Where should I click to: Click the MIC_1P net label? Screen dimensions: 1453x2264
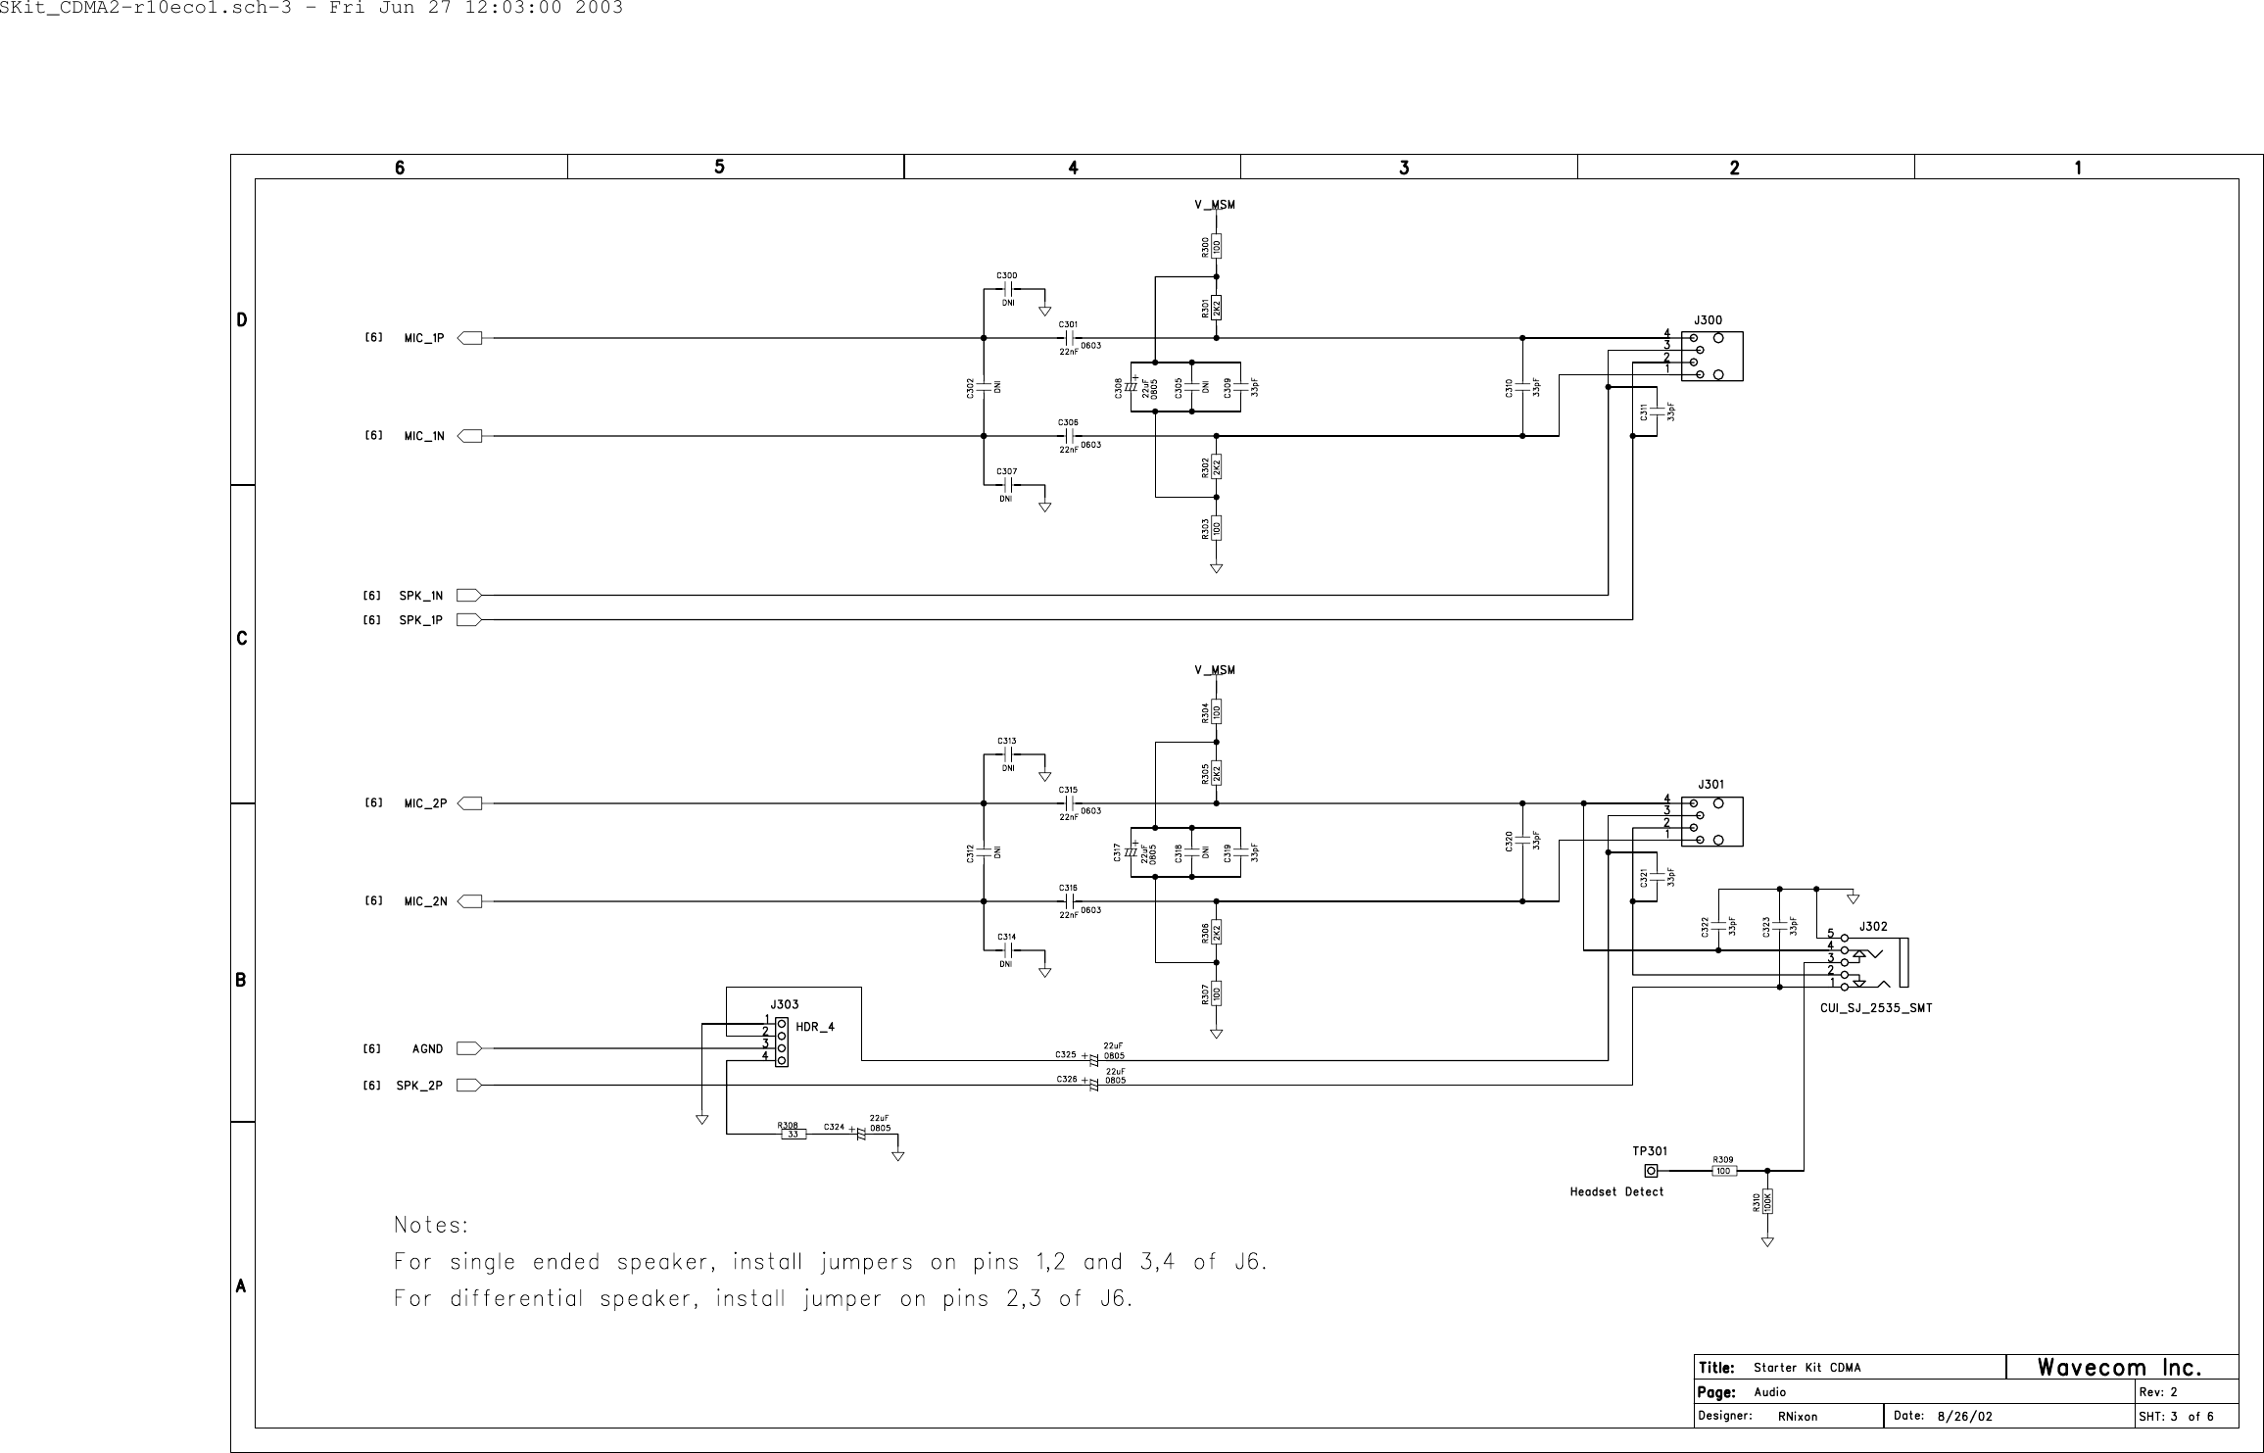click(x=424, y=339)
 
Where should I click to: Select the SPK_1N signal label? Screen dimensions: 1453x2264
click(x=420, y=596)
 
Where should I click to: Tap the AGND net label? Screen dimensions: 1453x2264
click(x=427, y=1049)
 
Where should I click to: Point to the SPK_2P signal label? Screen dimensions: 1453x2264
click(x=419, y=1086)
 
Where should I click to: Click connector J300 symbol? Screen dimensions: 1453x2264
click(x=1711, y=357)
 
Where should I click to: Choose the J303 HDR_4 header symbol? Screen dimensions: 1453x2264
click(x=781, y=1042)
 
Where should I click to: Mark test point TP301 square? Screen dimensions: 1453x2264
click(x=1651, y=1171)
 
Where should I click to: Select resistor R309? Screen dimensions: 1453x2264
click(x=1724, y=1171)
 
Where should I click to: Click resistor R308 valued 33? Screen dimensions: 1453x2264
click(x=793, y=1135)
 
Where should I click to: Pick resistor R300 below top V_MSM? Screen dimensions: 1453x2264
click(x=1217, y=246)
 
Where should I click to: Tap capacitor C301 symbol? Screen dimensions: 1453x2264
click(x=1070, y=339)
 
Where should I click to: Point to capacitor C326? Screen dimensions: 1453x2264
click(x=1093, y=1086)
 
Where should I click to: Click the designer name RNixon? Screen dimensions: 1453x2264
click(x=1798, y=1417)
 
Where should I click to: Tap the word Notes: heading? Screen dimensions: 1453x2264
click(x=431, y=1226)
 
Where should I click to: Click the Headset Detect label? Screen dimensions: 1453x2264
click(x=1616, y=1192)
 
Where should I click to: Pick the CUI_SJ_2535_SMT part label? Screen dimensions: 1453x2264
click(x=1875, y=1007)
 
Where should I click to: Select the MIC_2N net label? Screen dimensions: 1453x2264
click(x=425, y=902)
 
